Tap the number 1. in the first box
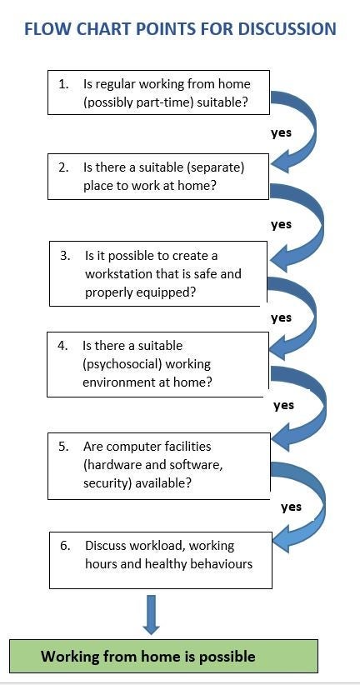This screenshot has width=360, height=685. point(63,84)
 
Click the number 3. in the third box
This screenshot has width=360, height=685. point(65,256)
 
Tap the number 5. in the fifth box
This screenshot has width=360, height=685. point(64,447)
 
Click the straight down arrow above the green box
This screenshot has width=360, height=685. point(151,615)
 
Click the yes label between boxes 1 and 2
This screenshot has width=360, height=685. point(281,132)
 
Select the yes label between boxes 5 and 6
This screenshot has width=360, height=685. point(291,507)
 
